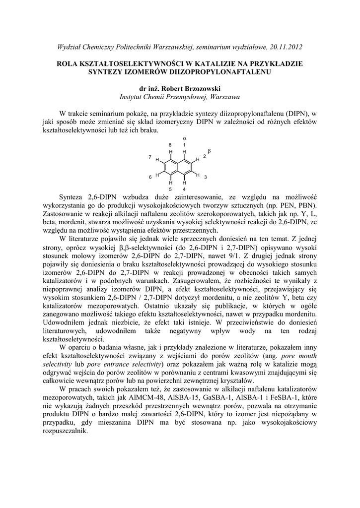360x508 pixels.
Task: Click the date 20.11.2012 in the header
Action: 285,47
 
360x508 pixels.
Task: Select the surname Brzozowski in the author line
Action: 196,88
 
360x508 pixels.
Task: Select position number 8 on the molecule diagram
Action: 170,144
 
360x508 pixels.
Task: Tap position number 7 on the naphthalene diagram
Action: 150,157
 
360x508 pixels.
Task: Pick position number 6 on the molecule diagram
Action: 150,177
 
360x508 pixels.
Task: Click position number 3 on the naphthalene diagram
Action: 206,177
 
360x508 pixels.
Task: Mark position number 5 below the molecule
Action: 170,189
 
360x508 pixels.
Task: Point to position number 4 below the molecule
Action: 184,189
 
